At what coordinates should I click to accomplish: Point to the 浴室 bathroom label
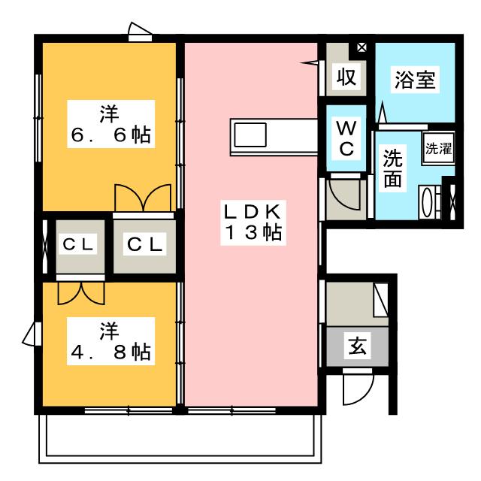[414, 80]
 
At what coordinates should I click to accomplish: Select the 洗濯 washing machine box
[439, 148]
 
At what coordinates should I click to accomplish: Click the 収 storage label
[346, 77]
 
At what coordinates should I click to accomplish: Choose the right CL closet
[144, 246]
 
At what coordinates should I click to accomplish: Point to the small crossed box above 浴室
[362, 47]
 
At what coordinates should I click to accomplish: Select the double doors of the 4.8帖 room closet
[79, 292]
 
